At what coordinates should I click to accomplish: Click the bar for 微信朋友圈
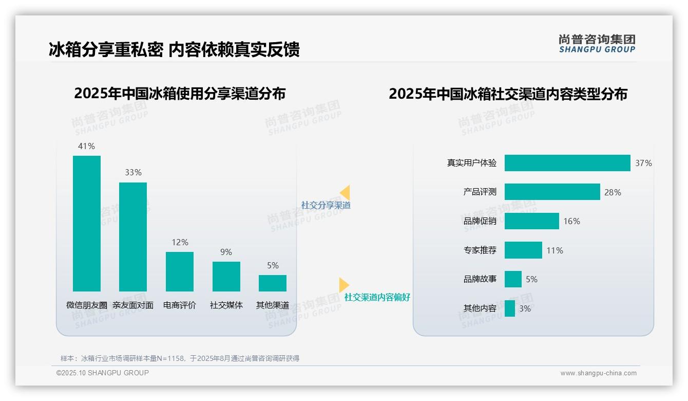pyautogui.click(x=87, y=224)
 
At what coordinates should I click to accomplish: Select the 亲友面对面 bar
pyautogui.click(x=133, y=237)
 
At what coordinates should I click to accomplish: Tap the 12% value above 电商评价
pyautogui.click(x=180, y=242)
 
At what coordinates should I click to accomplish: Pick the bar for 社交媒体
pyautogui.click(x=226, y=277)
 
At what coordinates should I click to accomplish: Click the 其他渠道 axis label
pyautogui.click(x=273, y=305)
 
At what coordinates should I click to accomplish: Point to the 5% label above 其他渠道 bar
pyautogui.click(x=273, y=265)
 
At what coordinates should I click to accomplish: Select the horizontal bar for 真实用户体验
pyautogui.click(x=567, y=163)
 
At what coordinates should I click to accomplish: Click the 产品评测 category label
pyautogui.click(x=480, y=192)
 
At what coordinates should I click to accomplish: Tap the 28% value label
pyautogui.click(x=613, y=192)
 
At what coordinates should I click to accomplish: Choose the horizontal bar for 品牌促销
pyautogui.click(x=532, y=221)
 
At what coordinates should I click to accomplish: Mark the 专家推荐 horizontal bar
pyautogui.click(x=523, y=250)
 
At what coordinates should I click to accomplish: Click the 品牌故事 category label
pyautogui.click(x=480, y=279)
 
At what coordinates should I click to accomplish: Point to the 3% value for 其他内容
pyautogui.click(x=525, y=308)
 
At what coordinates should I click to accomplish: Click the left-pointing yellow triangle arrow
pyautogui.click(x=345, y=192)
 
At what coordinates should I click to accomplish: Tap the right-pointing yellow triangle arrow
pyautogui.click(x=343, y=285)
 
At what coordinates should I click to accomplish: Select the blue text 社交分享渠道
pyautogui.click(x=326, y=205)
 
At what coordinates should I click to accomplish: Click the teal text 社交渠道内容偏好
pyautogui.click(x=377, y=297)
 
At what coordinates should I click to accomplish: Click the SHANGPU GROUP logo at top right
pyautogui.click(x=597, y=44)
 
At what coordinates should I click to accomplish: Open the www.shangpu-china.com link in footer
pyautogui.click(x=598, y=373)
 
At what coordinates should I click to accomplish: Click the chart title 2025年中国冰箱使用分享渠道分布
pyautogui.click(x=180, y=94)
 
